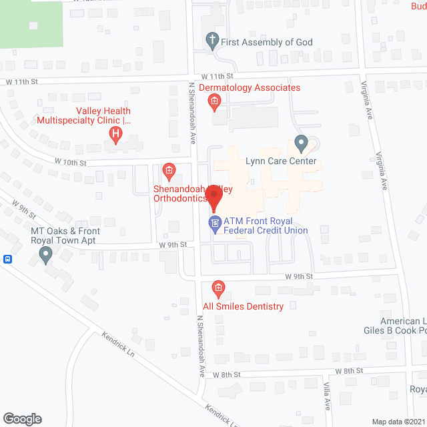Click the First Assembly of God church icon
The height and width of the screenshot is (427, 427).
[212, 41]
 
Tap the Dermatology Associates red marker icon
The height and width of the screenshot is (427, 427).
[214, 101]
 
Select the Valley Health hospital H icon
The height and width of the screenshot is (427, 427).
[115, 135]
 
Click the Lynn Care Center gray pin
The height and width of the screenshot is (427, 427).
[300, 143]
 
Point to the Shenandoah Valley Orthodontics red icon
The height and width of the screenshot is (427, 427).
[169, 172]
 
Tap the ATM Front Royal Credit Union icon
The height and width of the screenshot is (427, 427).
[215, 224]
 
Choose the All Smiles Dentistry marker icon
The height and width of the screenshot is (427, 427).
[218, 289]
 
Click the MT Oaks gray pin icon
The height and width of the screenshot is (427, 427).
[45, 254]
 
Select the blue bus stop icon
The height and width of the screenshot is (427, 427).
[7, 260]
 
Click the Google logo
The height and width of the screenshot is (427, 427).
[21, 419]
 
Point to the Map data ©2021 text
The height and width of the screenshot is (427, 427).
[398, 421]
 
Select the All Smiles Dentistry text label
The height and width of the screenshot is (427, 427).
[244, 306]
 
